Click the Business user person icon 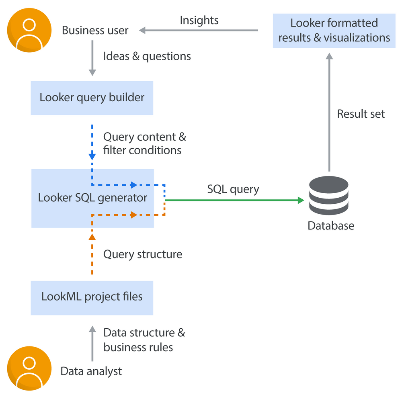pos(29,30)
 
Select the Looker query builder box pos(92,98)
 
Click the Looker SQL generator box pos(92,198)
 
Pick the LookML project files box pos(92,297)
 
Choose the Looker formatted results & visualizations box pos(334,31)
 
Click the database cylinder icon pos(328,195)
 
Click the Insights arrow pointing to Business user pos(199,31)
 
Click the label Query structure pos(143,254)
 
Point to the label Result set pos(361,114)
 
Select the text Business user pos(95,31)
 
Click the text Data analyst pos(91,371)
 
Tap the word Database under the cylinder pos(331,226)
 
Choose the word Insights pos(199,20)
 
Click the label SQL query pos(233,189)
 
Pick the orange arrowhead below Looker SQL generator pos(92,237)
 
